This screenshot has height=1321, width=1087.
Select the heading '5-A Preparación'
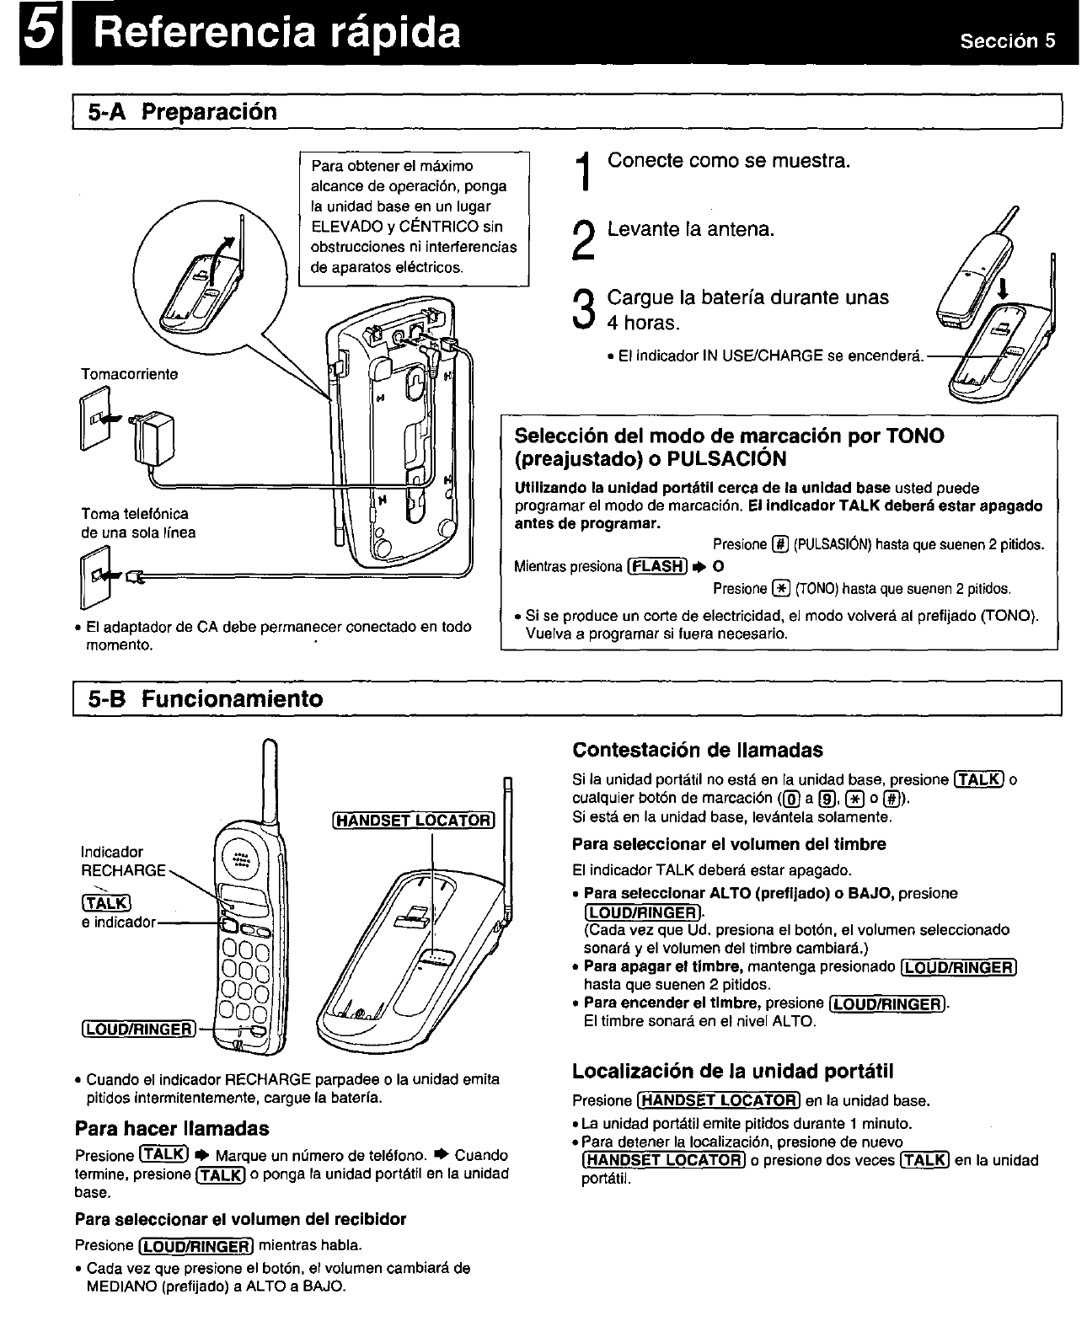179,112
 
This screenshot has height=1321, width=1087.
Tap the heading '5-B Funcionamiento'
202,699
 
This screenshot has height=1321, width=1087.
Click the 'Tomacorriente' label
130,374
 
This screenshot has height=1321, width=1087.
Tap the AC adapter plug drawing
155,439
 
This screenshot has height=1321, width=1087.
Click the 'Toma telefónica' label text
135,513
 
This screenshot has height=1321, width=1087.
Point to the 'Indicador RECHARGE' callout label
122,861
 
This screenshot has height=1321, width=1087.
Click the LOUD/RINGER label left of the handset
138,1029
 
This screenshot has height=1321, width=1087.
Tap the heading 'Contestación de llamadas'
697,750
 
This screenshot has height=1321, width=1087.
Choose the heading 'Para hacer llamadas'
172,1128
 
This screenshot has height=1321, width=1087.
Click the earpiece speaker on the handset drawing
240,859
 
